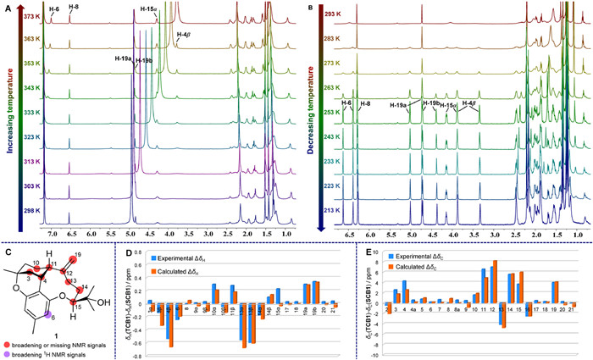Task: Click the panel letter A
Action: tap(6, 7)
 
